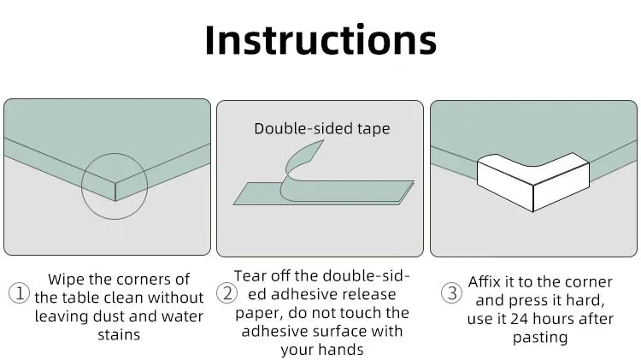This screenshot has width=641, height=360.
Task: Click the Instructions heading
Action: tap(320, 39)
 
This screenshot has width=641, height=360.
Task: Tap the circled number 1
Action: tap(19, 293)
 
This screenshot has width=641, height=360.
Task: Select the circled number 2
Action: tap(226, 293)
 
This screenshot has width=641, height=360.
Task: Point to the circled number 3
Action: tap(452, 293)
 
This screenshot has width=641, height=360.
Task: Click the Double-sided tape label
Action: tap(322, 128)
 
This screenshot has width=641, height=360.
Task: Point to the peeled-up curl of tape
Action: tap(301, 163)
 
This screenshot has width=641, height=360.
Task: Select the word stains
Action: tap(119, 334)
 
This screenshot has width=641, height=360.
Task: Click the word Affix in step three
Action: tap(485, 282)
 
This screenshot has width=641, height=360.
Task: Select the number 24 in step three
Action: tap(520, 319)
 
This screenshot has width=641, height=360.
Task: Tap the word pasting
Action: tap(540, 338)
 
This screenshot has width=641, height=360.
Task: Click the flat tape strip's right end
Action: tap(414, 181)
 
